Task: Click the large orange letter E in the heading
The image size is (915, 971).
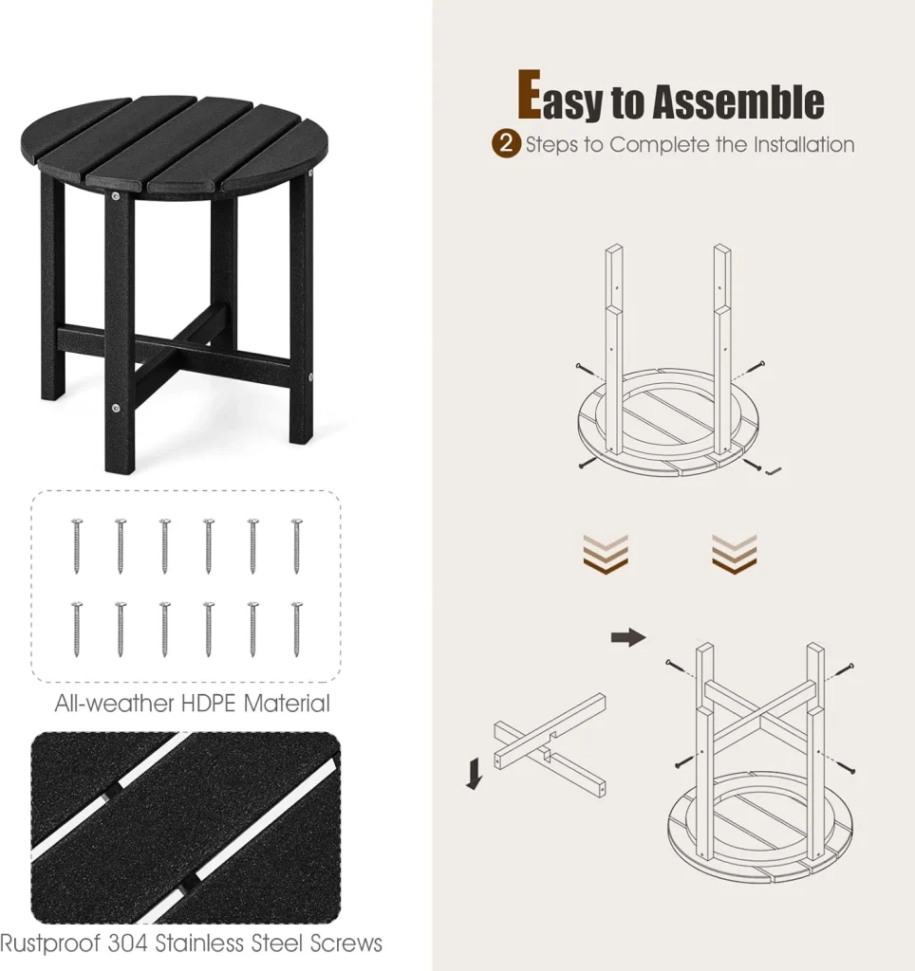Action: pos(530,94)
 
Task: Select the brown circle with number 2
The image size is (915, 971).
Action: pos(506,144)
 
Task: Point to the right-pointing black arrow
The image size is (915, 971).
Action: pos(628,637)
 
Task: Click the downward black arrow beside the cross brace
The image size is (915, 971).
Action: pos(475,775)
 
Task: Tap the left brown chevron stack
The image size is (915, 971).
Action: pos(606,554)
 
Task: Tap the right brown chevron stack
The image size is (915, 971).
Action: pos(734,554)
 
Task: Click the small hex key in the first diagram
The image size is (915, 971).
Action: pos(775,471)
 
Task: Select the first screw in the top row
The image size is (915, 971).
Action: pos(77,546)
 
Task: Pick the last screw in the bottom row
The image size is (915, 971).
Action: pos(297,630)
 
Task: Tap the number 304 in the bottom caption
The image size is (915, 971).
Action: pos(128,944)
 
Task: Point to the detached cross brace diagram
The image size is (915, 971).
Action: pos(550,745)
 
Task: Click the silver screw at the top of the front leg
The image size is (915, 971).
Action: pos(116,196)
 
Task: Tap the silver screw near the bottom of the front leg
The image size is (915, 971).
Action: pos(116,408)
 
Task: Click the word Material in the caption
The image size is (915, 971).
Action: pos(287,704)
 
